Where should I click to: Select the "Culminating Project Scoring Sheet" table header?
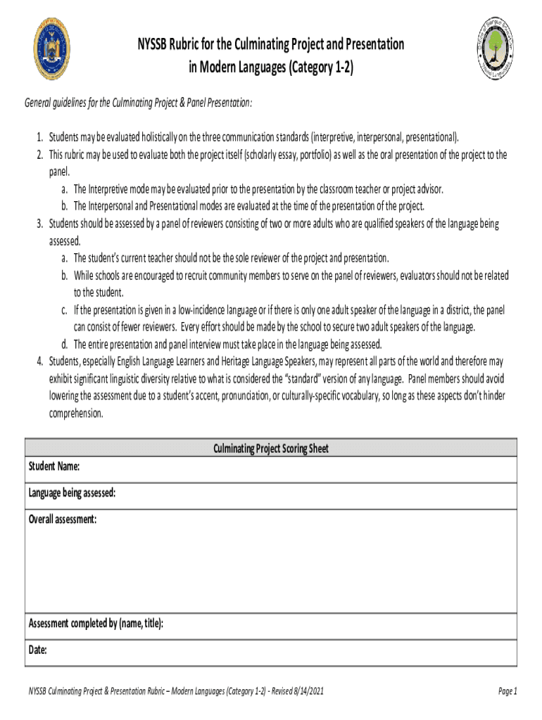pos(271,449)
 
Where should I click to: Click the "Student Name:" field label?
pos(53,467)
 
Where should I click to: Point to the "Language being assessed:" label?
pos(72,493)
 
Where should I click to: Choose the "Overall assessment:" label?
pos(63,519)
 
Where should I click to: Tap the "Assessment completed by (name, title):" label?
pos(96,624)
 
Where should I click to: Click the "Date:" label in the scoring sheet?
pos(38,650)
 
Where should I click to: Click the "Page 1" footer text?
pos(508,691)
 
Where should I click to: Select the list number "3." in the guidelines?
pos(40,224)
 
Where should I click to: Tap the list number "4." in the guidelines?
pos(40,361)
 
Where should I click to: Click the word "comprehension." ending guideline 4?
pos(75,413)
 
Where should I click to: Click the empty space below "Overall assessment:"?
pos(271,570)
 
